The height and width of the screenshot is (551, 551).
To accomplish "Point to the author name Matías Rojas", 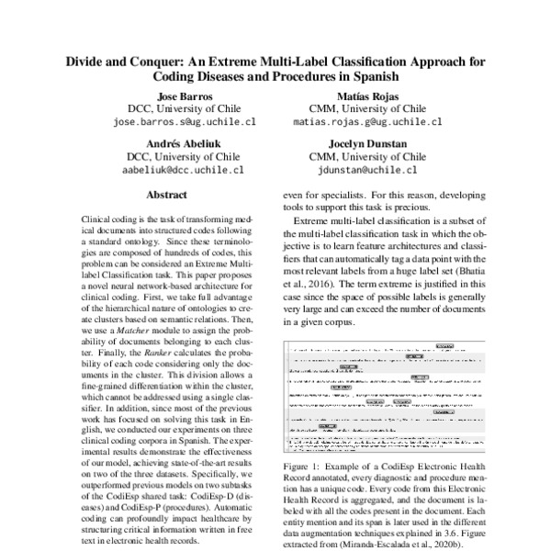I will [x=367, y=96].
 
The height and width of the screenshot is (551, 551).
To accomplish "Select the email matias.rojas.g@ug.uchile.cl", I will [x=367, y=121].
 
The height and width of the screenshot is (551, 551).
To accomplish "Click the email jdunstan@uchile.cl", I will [x=367, y=170].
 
